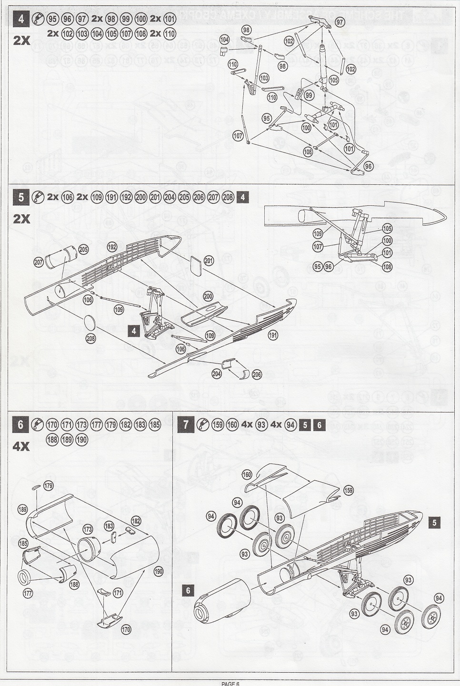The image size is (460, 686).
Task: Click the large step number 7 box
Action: coord(186,424)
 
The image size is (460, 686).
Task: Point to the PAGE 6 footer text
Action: coord(230,683)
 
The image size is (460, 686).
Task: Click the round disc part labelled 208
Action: coord(90,322)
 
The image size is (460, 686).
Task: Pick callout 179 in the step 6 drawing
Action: coord(49,486)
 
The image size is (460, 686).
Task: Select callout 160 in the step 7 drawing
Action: coord(247,474)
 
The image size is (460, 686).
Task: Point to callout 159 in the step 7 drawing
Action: coord(349,490)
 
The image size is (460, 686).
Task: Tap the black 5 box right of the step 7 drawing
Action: coord(434,523)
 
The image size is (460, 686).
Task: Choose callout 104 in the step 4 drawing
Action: coord(224,39)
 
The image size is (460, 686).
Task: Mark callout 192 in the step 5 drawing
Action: coord(112,247)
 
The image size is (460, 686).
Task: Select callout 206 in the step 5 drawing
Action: coord(257,374)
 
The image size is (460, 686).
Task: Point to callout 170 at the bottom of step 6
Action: coord(126,630)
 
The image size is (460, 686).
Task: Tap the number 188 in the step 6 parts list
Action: coord(52,440)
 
